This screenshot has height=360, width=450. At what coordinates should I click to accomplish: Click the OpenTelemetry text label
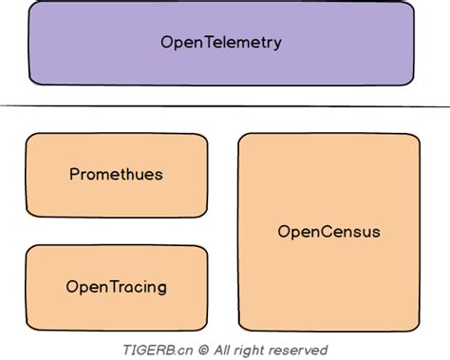click(221, 43)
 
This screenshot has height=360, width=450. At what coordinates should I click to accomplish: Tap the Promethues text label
click(117, 175)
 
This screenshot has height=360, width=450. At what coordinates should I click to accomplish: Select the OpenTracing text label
click(117, 287)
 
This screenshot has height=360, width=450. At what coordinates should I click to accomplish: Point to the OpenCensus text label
click(328, 231)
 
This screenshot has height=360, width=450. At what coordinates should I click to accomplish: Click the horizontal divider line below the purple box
click(225, 105)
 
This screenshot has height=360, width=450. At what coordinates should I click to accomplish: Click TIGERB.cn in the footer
click(157, 350)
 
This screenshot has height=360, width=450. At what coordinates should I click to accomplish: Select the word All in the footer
click(223, 350)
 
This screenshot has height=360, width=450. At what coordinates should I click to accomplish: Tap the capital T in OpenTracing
click(109, 287)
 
